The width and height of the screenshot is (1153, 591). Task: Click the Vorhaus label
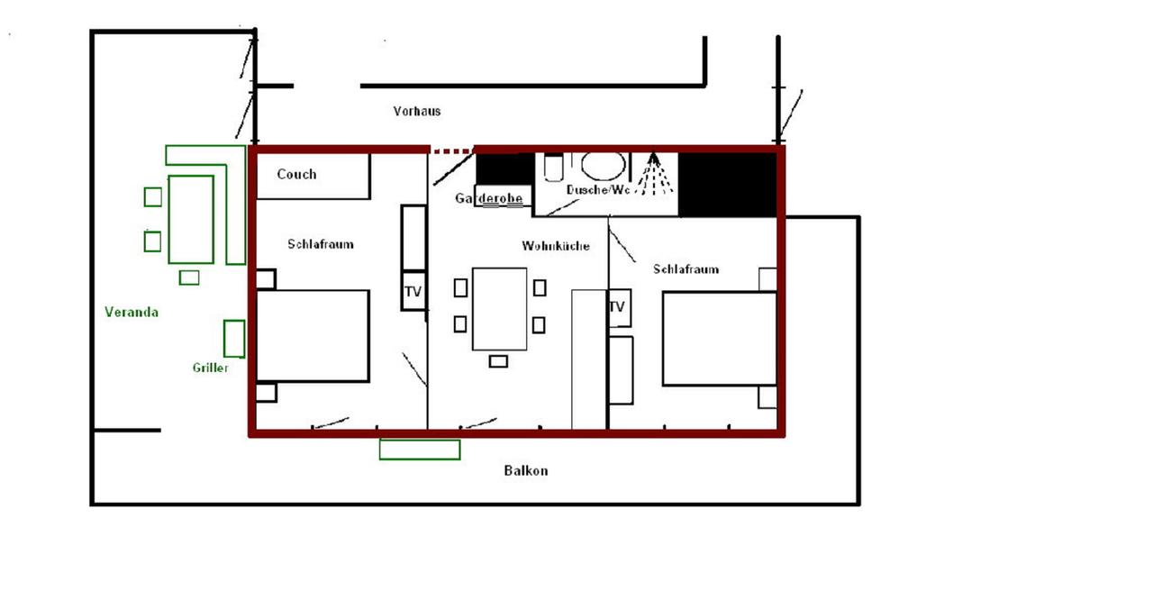417,111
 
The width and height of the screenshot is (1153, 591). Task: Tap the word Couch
296,174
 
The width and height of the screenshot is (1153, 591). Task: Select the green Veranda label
132,312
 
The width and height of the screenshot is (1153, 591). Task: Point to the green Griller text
210,368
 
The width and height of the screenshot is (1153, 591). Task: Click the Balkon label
525,470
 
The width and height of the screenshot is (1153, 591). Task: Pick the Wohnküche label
556,246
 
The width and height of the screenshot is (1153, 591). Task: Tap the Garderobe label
488,198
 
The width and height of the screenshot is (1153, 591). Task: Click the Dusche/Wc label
597,190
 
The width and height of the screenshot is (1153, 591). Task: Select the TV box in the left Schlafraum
413,291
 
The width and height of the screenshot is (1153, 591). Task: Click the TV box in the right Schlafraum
619,307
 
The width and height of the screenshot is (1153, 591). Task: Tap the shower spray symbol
654,174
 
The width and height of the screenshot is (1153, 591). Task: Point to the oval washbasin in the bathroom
604,166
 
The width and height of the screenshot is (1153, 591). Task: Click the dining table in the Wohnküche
499,309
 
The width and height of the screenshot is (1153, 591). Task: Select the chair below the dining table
498,361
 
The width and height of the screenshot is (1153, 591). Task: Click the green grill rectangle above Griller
234,339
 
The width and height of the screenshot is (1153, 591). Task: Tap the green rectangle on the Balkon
420,450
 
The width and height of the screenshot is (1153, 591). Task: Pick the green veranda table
191,220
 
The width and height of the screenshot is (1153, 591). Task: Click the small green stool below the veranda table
189,278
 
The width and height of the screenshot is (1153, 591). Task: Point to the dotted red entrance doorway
452,151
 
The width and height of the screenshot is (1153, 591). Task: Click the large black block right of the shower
727,185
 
